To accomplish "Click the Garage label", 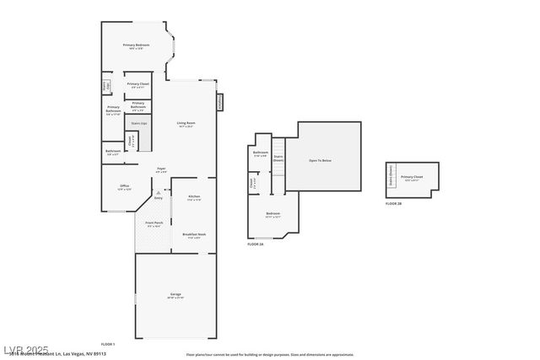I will point(175,295).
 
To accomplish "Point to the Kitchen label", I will point(193,197).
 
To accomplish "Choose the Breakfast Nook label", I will point(193,235).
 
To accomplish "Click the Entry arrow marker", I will point(157,193).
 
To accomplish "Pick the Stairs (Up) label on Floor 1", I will point(138,124).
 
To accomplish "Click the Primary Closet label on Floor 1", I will point(138,85).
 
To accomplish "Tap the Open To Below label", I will point(320,159).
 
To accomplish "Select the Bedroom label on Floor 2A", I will point(273,215).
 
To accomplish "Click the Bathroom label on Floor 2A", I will point(260,153).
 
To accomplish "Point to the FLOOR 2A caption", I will point(256,244).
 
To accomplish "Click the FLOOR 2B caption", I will point(394,204).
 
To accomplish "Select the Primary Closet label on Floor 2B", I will point(413,178).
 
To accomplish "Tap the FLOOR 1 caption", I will point(108,344).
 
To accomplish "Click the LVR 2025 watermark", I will point(25,349).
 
